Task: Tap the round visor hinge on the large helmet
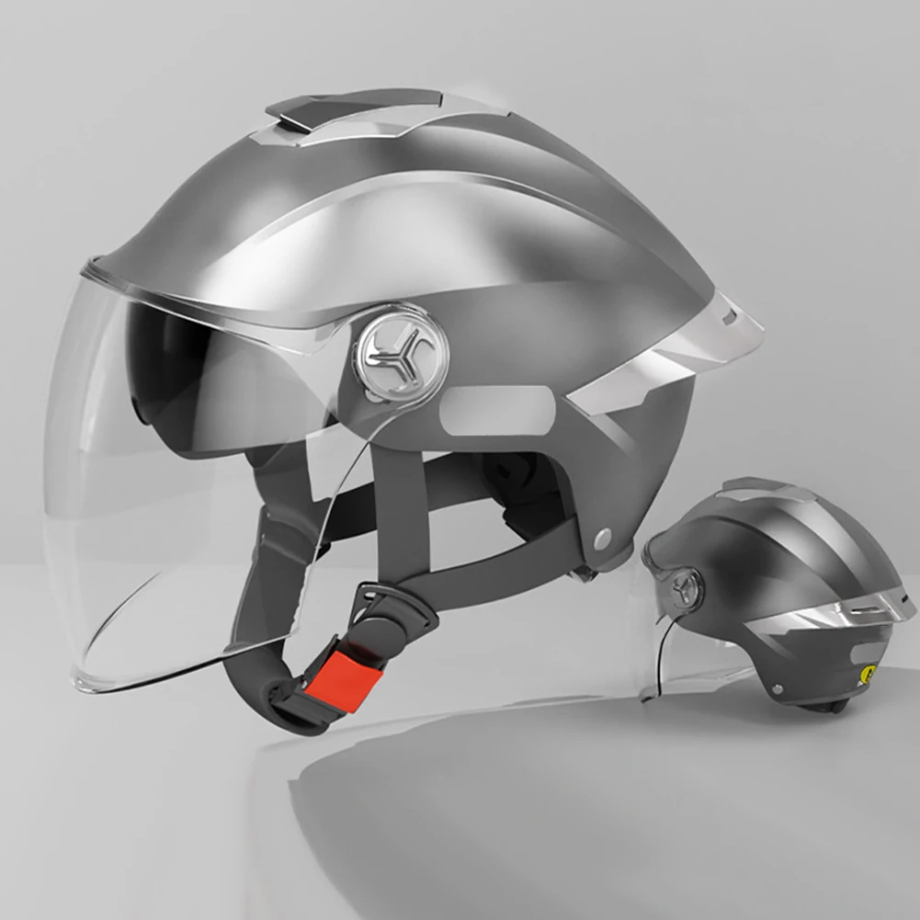[403, 353]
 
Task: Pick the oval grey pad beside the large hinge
[497, 409]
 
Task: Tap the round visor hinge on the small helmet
[684, 587]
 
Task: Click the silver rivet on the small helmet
[778, 687]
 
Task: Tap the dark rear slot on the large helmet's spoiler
[732, 319]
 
